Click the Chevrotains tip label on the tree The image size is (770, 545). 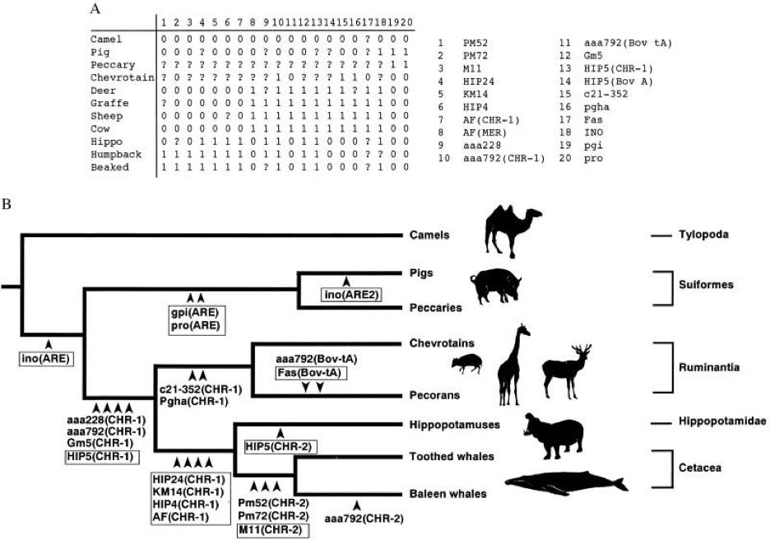tap(442, 342)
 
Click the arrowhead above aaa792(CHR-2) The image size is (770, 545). tap(356, 504)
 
